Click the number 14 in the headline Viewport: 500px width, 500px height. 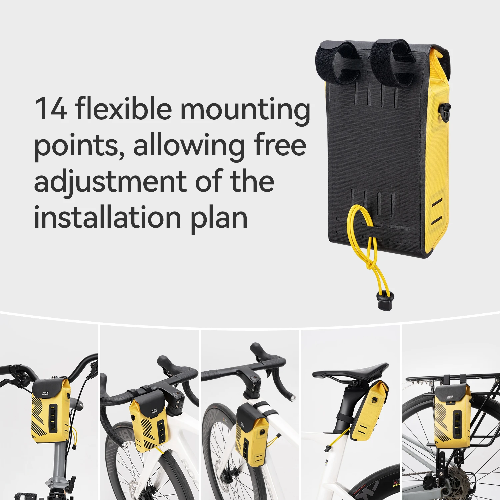coord(51,109)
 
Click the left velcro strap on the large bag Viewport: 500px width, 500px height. coord(337,63)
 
